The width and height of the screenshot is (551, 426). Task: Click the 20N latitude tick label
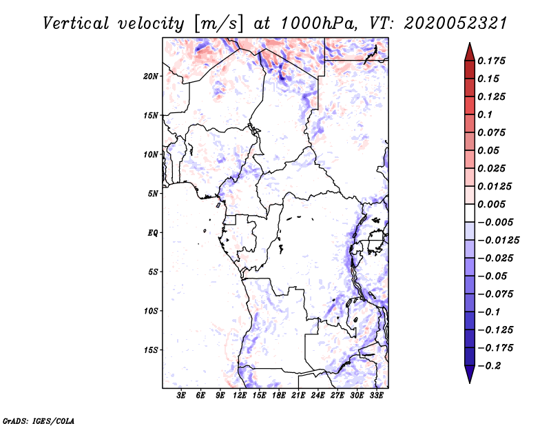pos(151,76)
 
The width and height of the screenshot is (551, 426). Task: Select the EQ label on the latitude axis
pos(153,232)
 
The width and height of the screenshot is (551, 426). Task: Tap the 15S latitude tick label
pos(151,349)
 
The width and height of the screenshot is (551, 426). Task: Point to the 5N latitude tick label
pos(153,194)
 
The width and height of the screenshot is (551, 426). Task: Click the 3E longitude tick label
pos(181,396)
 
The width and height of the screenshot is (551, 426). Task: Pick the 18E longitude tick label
pos(278,396)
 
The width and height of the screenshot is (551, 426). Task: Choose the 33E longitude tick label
pos(376,396)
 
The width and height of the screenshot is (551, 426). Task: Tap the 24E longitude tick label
pos(318,396)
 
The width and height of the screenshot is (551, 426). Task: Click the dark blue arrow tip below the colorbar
pos(469,378)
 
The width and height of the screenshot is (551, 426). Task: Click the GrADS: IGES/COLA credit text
pos(39,420)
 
